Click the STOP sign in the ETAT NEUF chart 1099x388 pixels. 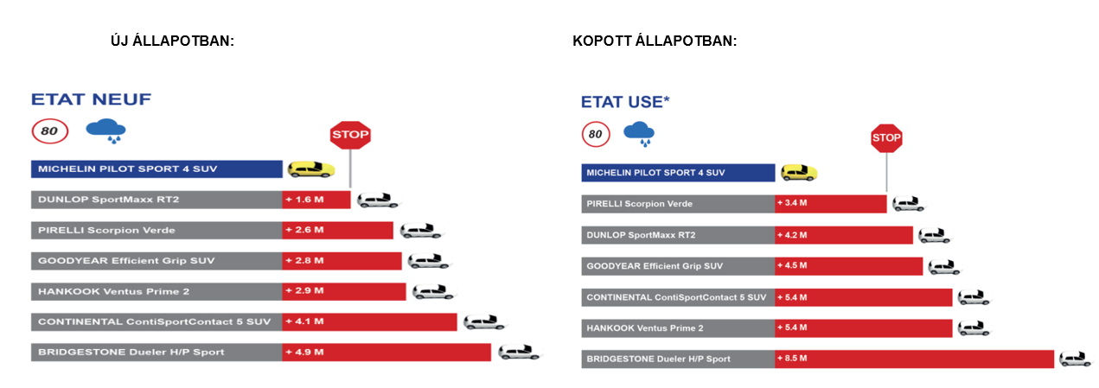(x=350, y=135)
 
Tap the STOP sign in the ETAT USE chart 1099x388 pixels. (x=886, y=138)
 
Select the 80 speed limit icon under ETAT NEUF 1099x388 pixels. (x=49, y=131)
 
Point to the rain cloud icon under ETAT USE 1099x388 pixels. (x=639, y=134)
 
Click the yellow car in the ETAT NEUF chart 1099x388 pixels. (x=311, y=169)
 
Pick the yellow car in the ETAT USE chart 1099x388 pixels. (x=799, y=173)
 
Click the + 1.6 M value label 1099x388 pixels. (x=304, y=200)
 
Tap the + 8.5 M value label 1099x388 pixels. (x=792, y=358)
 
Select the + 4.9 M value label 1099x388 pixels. (x=304, y=353)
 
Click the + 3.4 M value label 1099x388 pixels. (x=792, y=202)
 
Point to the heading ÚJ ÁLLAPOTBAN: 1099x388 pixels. (x=172, y=41)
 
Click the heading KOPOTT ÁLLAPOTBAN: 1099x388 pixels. (x=655, y=41)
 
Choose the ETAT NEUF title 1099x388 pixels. (x=92, y=99)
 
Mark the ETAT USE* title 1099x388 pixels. (x=625, y=102)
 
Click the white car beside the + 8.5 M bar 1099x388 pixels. (x=1076, y=359)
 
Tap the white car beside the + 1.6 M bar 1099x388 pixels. (x=378, y=200)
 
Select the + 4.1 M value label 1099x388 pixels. (x=304, y=321)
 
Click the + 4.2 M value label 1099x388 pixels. (x=792, y=235)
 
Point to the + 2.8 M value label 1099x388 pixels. (x=304, y=260)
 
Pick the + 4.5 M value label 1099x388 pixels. (x=792, y=265)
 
